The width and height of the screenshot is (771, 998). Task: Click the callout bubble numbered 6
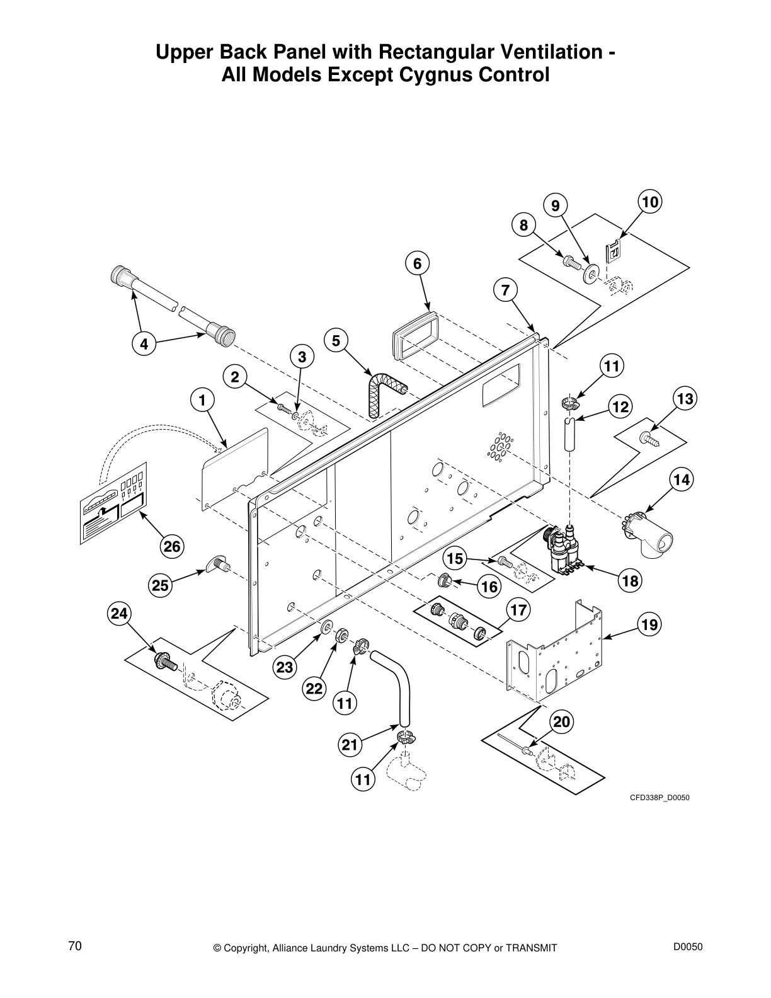point(417,264)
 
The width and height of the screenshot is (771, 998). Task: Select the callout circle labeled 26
point(173,547)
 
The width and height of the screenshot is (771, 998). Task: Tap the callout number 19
point(649,625)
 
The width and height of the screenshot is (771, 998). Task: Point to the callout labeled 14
point(680,480)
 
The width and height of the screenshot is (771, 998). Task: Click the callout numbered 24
point(119,613)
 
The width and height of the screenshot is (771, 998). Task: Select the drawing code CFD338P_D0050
point(660,798)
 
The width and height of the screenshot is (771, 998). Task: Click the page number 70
point(75,945)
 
